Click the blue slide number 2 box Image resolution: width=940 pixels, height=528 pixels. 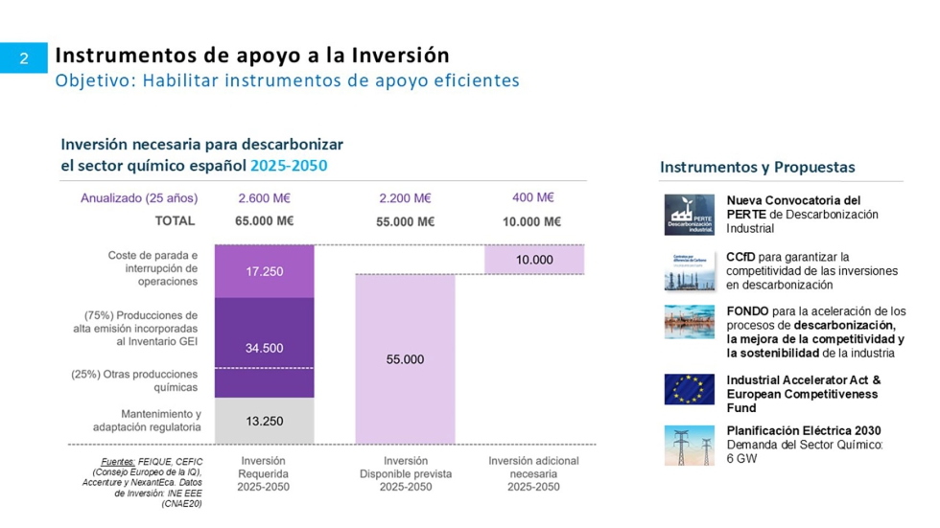pyautogui.click(x=24, y=57)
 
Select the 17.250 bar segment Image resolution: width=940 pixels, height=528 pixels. pyautogui.click(x=264, y=271)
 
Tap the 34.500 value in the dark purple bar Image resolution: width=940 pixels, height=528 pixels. pyautogui.click(x=264, y=348)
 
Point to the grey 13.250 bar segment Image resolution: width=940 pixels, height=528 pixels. pyautogui.click(x=264, y=421)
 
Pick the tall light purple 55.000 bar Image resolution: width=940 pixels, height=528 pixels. pyautogui.click(x=405, y=358)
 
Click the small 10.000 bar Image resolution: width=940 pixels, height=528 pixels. pyautogui.click(x=534, y=260)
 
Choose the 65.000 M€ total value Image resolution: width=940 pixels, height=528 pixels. pyautogui.click(x=264, y=221)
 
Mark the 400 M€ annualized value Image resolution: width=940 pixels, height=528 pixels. pyautogui.click(x=533, y=197)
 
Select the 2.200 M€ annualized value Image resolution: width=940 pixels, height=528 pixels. pyautogui.click(x=405, y=198)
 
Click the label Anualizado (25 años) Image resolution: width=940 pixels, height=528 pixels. pyautogui.click(x=139, y=198)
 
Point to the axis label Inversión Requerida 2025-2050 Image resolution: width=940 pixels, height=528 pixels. pyautogui.click(x=264, y=473)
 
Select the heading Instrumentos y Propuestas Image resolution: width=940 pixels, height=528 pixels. pyautogui.click(x=757, y=168)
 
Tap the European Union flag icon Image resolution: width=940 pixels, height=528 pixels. pyautogui.click(x=689, y=389)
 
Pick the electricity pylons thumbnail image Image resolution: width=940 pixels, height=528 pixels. pyautogui.click(x=689, y=446)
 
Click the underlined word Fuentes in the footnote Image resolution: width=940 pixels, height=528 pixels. pyautogui.click(x=117, y=461)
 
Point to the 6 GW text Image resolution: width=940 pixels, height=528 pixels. pyautogui.click(x=741, y=459)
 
